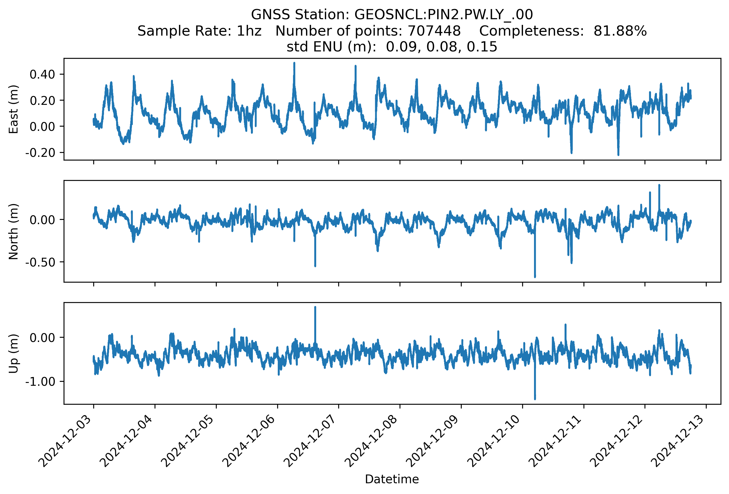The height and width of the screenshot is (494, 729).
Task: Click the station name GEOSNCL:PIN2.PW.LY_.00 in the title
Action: point(443,15)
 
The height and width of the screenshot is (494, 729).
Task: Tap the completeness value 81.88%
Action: point(620,31)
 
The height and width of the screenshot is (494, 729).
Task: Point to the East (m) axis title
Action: point(14,109)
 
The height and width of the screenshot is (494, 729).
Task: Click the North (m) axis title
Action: point(14,231)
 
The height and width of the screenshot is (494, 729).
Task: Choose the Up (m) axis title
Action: point(14,354)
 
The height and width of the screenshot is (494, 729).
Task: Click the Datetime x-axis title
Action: point(392,479)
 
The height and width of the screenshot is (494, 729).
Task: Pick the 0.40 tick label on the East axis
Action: point(42,75)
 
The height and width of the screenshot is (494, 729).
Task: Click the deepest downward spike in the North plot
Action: point(535,276)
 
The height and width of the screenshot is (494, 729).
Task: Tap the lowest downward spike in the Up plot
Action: point(535,398)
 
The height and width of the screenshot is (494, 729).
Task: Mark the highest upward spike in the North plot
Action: point(659,186)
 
